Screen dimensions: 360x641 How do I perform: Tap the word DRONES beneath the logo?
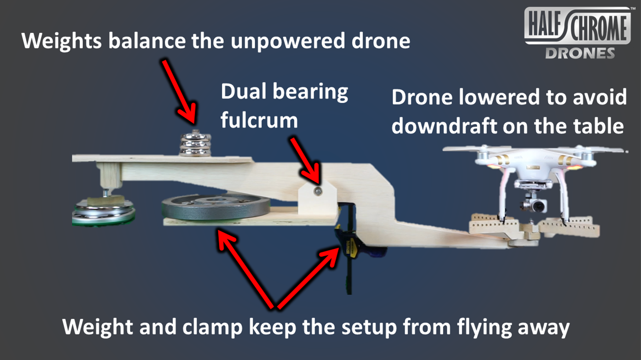(580, 53)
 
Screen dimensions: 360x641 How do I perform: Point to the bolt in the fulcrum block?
(317, 191)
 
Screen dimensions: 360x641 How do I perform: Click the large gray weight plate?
(216, 207)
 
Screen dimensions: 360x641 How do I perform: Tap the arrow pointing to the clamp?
(309, 275)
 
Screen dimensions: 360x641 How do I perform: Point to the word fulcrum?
(259, 119)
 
